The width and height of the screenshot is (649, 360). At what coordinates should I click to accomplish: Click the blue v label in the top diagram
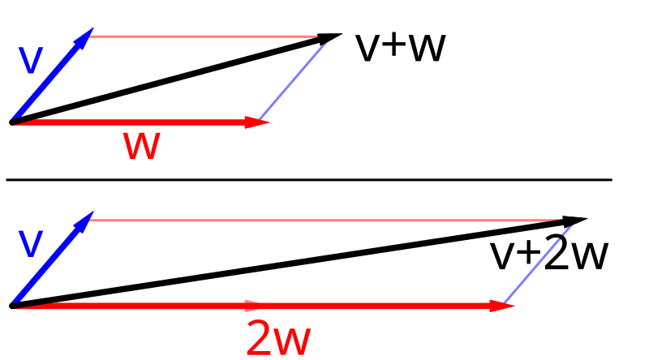pyautogui.click(x=31, y=61)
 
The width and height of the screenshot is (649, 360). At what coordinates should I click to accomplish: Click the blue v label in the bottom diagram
pyautogui.click(x=31, y=243)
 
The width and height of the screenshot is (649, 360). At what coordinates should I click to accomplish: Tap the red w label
pyautogui.click(x=141, y=146)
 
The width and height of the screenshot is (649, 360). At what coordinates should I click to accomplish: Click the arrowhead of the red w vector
pyautogui.click(x=257, y=122)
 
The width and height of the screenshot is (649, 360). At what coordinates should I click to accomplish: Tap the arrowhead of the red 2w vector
pyautogui.click(x=501, y=306)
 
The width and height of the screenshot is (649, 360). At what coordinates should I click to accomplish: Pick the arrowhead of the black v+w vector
pyautogui.click(x=329, y=38)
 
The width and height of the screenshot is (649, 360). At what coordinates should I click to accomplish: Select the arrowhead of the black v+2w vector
pyautogui.click(x=575, y=221)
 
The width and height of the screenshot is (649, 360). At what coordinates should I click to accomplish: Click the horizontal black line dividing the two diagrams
pyautogui.click(x=309, y=179)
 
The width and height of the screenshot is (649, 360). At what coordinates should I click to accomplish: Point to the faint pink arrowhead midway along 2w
pyautogui.click(x=253, y=306)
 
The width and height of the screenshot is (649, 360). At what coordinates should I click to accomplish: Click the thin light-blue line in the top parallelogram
pyautogui.click(x=293, y=81)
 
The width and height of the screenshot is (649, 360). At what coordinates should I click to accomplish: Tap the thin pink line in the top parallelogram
pyautogui.click(x=204, y=36)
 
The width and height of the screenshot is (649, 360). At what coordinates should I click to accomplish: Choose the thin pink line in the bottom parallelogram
pyautogui.click(x=326, y=221)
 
